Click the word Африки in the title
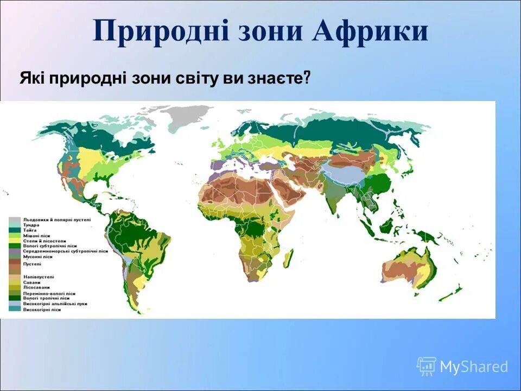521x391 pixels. coord(370,31)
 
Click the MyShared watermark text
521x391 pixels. coord(473,367)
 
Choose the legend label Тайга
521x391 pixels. coord(30,230)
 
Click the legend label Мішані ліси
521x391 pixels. coord(36,236)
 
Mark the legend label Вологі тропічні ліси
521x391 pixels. coord(46,298)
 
